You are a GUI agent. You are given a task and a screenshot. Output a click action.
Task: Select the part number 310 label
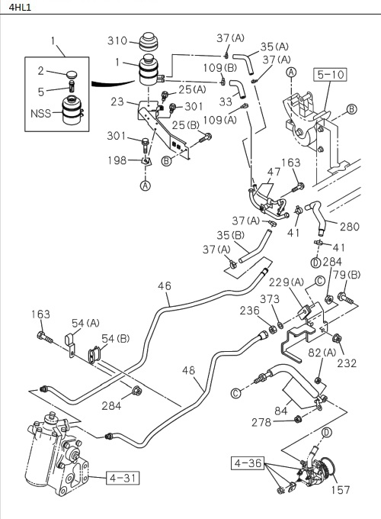tap(116, 40)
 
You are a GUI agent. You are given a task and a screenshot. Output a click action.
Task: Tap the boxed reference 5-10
tap(328, 76)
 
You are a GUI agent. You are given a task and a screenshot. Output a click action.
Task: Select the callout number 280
tap(349, 226)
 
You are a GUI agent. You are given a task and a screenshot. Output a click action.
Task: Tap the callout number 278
tap(262, 421)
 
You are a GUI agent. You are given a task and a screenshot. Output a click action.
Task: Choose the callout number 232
tap(347, 363)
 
